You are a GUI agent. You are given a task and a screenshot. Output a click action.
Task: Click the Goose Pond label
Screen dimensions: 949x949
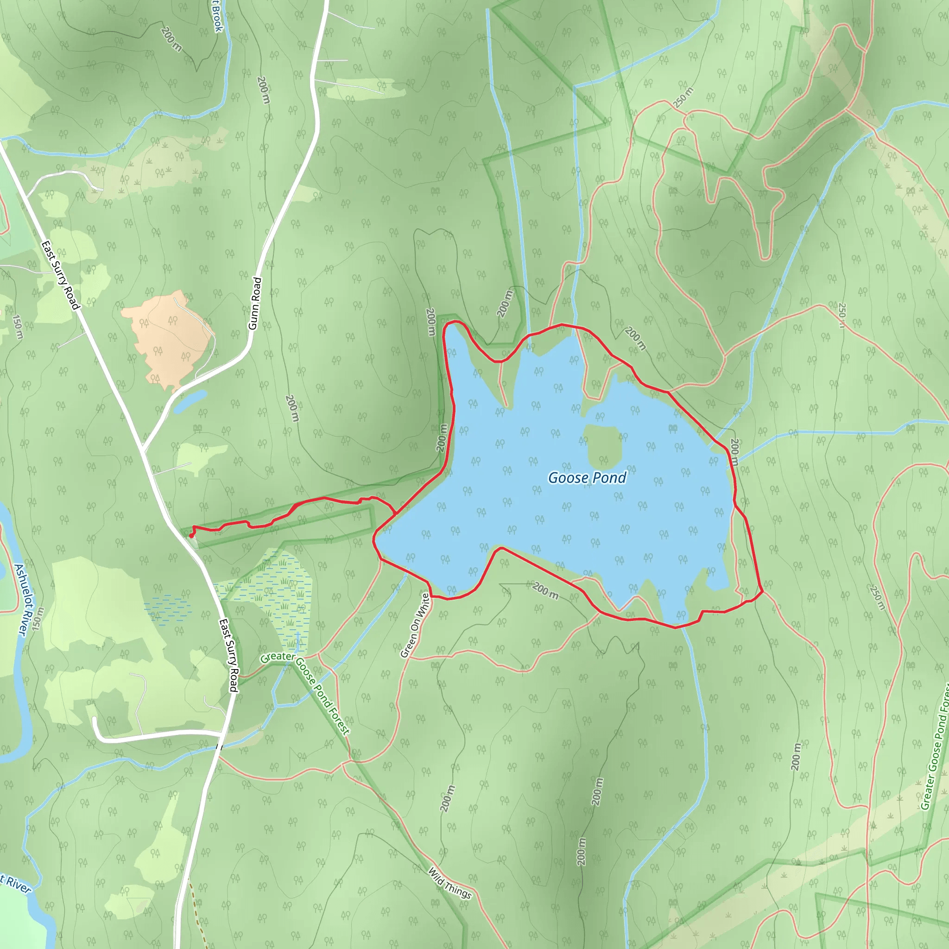coord(587,477)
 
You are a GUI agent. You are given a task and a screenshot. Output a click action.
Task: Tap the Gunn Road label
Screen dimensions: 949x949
coord(255,303)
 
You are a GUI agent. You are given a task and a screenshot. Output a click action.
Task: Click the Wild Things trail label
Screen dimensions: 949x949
coord(449,883)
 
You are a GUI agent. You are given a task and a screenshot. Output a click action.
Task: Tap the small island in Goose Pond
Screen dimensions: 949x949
coord(603,446)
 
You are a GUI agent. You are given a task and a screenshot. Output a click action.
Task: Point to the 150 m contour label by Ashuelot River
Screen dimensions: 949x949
coord(18,327)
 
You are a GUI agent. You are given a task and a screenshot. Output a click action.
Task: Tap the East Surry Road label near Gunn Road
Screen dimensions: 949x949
coord(60,275)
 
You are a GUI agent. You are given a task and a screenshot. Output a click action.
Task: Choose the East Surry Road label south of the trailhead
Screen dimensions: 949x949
coord(228,655)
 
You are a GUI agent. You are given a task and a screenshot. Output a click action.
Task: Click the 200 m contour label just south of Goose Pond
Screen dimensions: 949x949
coord(545,590)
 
